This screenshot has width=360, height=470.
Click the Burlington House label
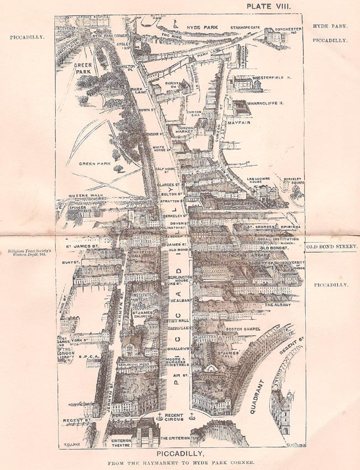(x=181, y=278)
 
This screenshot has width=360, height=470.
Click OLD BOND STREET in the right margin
(x=333, y=246)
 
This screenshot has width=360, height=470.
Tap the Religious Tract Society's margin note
(x=31, y=253)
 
